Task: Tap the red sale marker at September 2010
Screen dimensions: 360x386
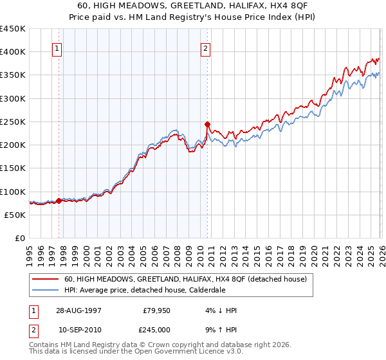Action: coord(207,124)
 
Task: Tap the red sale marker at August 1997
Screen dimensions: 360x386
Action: coord(59,201)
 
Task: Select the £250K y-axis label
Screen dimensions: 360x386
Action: coord(13,122)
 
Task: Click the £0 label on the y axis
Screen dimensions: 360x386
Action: coord(19,238)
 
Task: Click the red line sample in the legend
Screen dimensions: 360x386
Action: coord(45,279)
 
